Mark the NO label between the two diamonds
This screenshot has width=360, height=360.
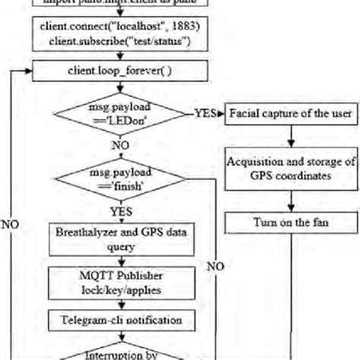pyautogui.click(x=119, y=144)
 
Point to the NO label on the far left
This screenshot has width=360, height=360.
pyautogui.click(x=11, y=225)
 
